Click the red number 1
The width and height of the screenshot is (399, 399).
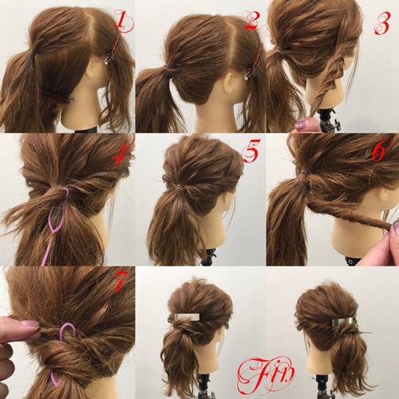point(123,22)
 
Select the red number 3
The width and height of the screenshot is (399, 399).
point(382,23)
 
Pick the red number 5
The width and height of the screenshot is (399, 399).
point(251,151)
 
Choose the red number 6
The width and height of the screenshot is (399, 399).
point(381,149)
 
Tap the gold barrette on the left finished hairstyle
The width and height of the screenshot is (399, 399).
point(187,317)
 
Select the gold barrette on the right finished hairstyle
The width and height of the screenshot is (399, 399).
point(344,322)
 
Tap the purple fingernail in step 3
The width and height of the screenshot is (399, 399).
point(305,124)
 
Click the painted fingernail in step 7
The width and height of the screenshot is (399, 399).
point(30,323)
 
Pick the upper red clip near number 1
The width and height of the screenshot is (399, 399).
point(114,50)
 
